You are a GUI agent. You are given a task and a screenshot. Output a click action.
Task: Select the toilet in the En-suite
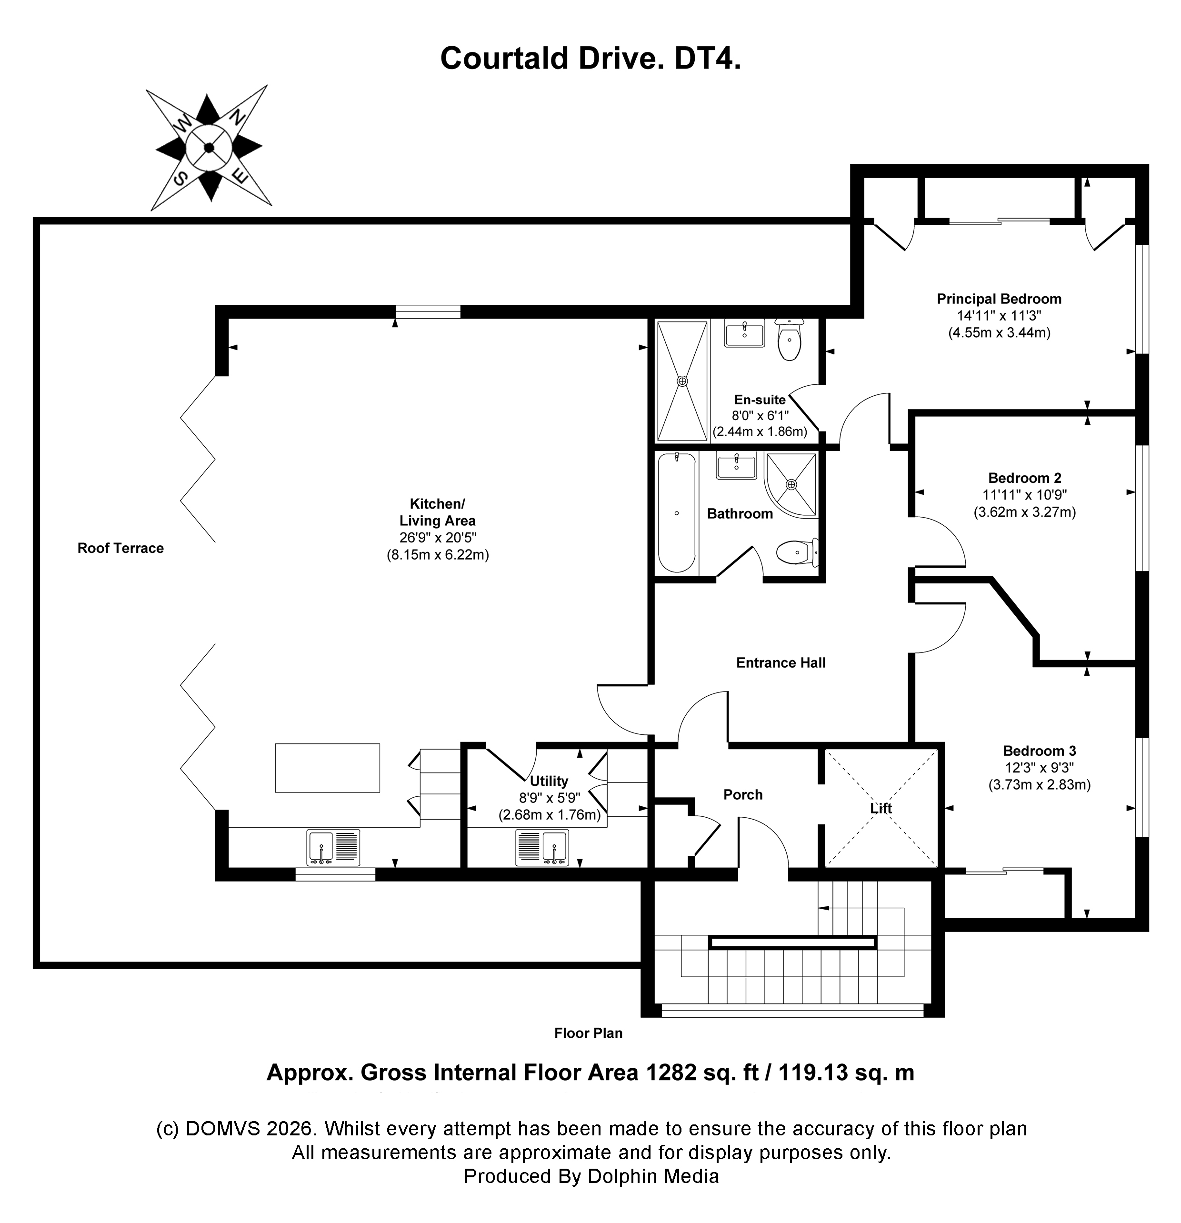790,340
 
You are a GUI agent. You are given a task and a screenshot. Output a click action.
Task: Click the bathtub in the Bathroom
677,513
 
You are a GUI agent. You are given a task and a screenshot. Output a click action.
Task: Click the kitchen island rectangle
328,768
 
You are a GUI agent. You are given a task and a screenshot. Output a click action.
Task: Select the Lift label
881,808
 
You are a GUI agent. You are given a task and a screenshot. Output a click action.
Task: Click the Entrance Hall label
781,662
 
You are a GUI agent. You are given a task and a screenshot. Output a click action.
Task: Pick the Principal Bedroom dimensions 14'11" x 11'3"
999,316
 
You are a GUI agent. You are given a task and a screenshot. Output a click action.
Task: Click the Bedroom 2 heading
1024,478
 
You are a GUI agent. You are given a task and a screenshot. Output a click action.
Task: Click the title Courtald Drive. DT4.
590,59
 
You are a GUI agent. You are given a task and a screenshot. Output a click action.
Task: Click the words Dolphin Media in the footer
653,1176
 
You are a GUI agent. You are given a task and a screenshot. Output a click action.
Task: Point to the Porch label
742,794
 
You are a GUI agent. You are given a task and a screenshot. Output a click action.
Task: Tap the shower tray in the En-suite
682,380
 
